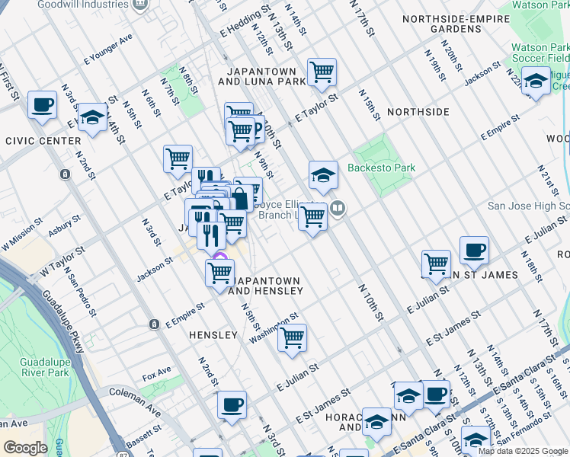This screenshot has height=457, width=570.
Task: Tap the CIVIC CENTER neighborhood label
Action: click(x=43, y=141)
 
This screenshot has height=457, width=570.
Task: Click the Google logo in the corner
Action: click(x=25, y=449)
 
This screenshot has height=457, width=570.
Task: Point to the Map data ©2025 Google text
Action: click(x=523, y=451)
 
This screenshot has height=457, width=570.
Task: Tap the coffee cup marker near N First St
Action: click(x=42, y=104)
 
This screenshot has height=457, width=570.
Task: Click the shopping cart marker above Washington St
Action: click(x=292, y=337)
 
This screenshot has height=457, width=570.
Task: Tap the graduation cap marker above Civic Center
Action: click(x=92, y=117)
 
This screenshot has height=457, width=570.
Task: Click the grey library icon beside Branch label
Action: click(x=338, y=208)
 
